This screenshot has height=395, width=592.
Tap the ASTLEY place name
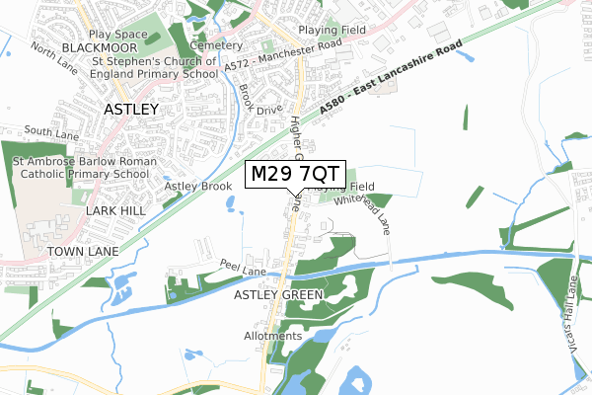point(131,110)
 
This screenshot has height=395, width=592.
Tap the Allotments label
point(273,336)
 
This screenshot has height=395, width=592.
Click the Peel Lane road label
point(243,271)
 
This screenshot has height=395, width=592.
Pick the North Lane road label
point(54,55)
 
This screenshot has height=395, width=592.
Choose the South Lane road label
point(51,131)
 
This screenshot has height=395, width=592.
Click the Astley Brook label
point(197,186)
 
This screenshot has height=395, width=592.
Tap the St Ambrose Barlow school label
point(80,167)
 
